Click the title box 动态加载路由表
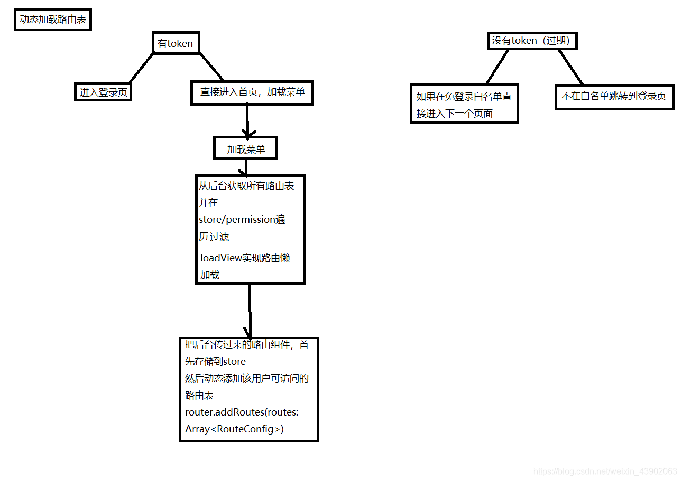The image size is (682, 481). coord(52,21)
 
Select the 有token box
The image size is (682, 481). coord(176,43)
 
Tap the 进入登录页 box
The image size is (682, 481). coord(103,92)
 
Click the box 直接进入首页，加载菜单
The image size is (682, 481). coord(252,92)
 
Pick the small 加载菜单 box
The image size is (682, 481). coord(245,149)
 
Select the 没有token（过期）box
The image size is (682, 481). coord(531,41)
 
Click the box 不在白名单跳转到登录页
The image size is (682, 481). coord(614,97)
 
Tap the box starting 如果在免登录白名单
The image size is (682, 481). coord(464,105)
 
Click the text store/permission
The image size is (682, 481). coord(237,220)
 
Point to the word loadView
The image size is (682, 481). coord(221,258)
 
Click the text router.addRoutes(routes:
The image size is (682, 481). coord(242,413)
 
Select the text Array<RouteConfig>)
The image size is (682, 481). coord(234,429)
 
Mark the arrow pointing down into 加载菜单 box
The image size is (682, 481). coord(247,120)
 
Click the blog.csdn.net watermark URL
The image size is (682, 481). coord(605,471)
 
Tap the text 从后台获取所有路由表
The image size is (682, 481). coord(246,185)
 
